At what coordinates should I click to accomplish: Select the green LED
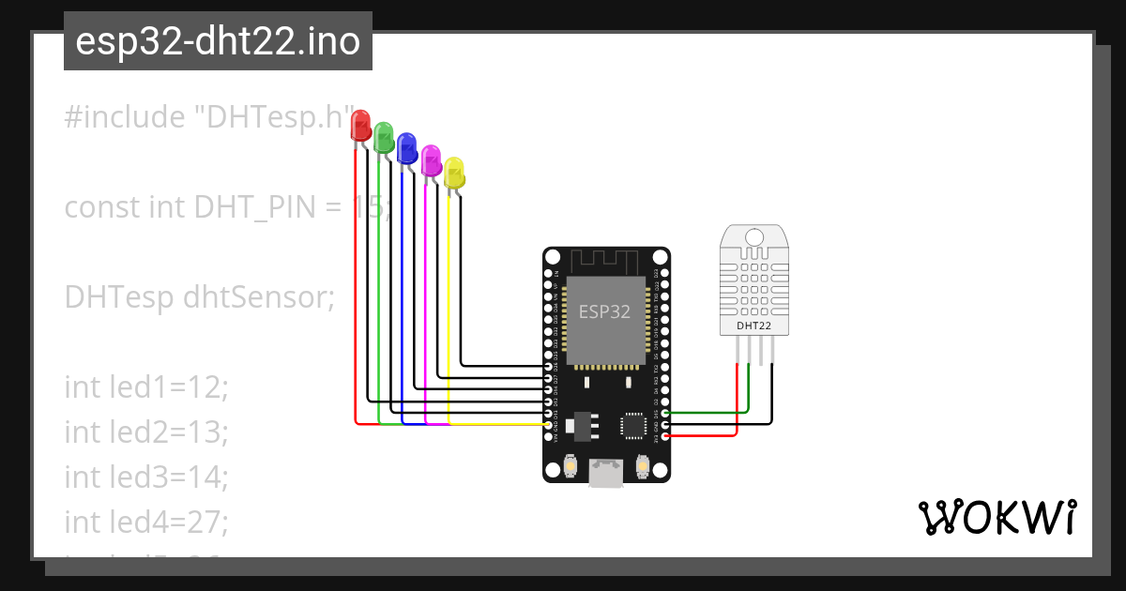click(384, 138)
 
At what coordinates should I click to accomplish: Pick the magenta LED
click(431, 159)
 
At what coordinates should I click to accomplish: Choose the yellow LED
click(454, 173)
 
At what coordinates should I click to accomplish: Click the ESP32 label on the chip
click(604, 311)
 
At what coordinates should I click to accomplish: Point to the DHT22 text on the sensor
click(754, 326)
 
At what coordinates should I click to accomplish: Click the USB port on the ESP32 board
click(606, 471)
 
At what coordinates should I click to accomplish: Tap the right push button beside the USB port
click(643, 464)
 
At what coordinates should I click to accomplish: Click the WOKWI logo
click(997, 518)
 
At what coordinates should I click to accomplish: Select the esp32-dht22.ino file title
click(218, 42)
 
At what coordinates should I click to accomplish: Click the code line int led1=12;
click(146, 386)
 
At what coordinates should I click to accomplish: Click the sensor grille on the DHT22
click(754, 282)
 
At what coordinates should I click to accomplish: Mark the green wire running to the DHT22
click(713, 411)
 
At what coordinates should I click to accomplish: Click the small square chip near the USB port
click(634, 425)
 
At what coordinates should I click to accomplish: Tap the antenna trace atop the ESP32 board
click(606, 260)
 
